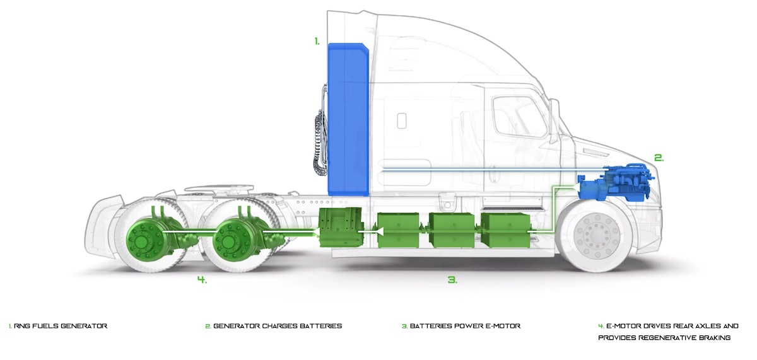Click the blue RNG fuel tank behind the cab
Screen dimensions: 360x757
tap(348, 120)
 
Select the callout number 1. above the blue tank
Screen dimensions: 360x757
tap(317, 42)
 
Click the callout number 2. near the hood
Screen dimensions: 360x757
tap(659, 158)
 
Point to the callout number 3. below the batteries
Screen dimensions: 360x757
tap(452, 279)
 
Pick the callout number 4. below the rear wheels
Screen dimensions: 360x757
tap(202, 280)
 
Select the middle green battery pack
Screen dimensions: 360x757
tap(451, 229)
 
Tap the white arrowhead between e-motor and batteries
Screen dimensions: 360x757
tap(378, 233)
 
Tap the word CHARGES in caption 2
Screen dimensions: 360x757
tap(282, 326)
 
